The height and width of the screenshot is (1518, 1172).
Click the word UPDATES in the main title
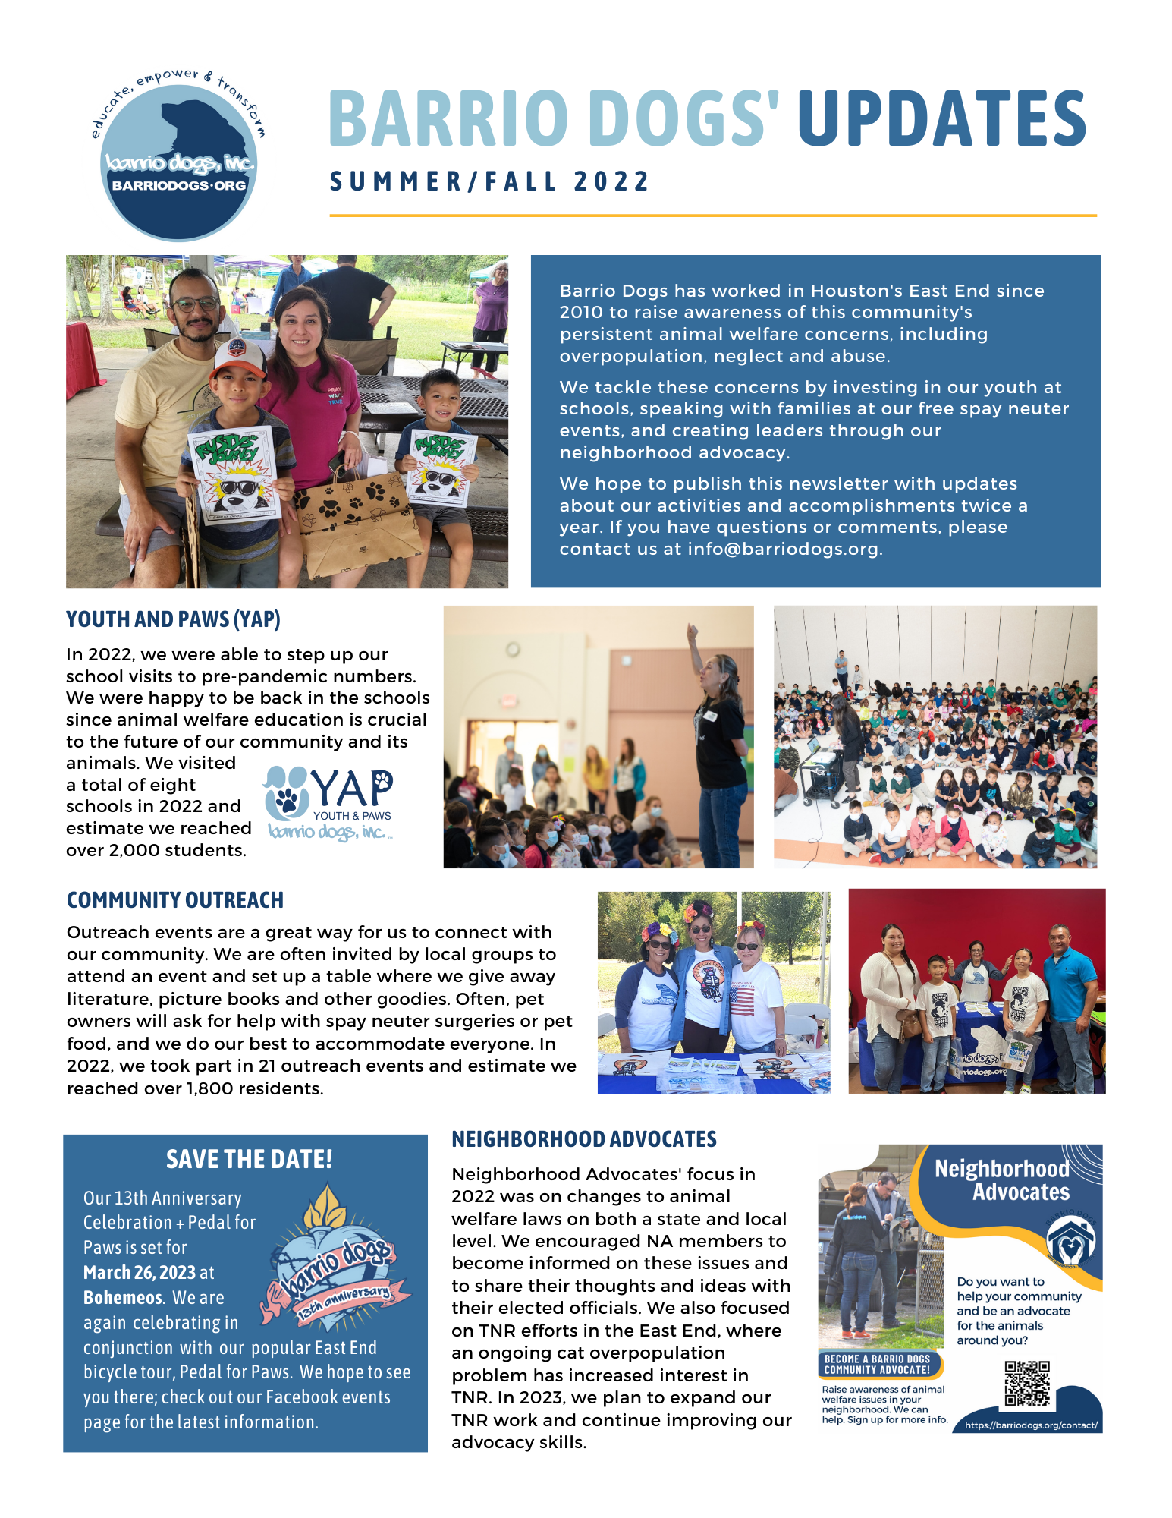coord(941,118)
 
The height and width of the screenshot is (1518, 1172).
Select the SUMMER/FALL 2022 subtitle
coord(489,182)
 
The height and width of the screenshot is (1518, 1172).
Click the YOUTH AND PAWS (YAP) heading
coord(173,619)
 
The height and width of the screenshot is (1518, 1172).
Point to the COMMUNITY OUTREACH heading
coord(174,900)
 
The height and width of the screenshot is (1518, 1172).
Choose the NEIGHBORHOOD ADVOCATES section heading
coord(583,1139)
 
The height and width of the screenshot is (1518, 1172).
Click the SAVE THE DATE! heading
coord(249,1160)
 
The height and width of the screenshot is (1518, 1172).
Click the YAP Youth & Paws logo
coord(328,804)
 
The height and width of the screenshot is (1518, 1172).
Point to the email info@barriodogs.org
coord(783,549)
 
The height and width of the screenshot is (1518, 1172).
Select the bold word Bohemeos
coord(123,1298)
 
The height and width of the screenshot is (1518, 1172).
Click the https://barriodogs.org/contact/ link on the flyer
coord(1030,1425)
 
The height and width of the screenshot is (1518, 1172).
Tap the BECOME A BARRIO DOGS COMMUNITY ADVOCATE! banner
coord(878,1365)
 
